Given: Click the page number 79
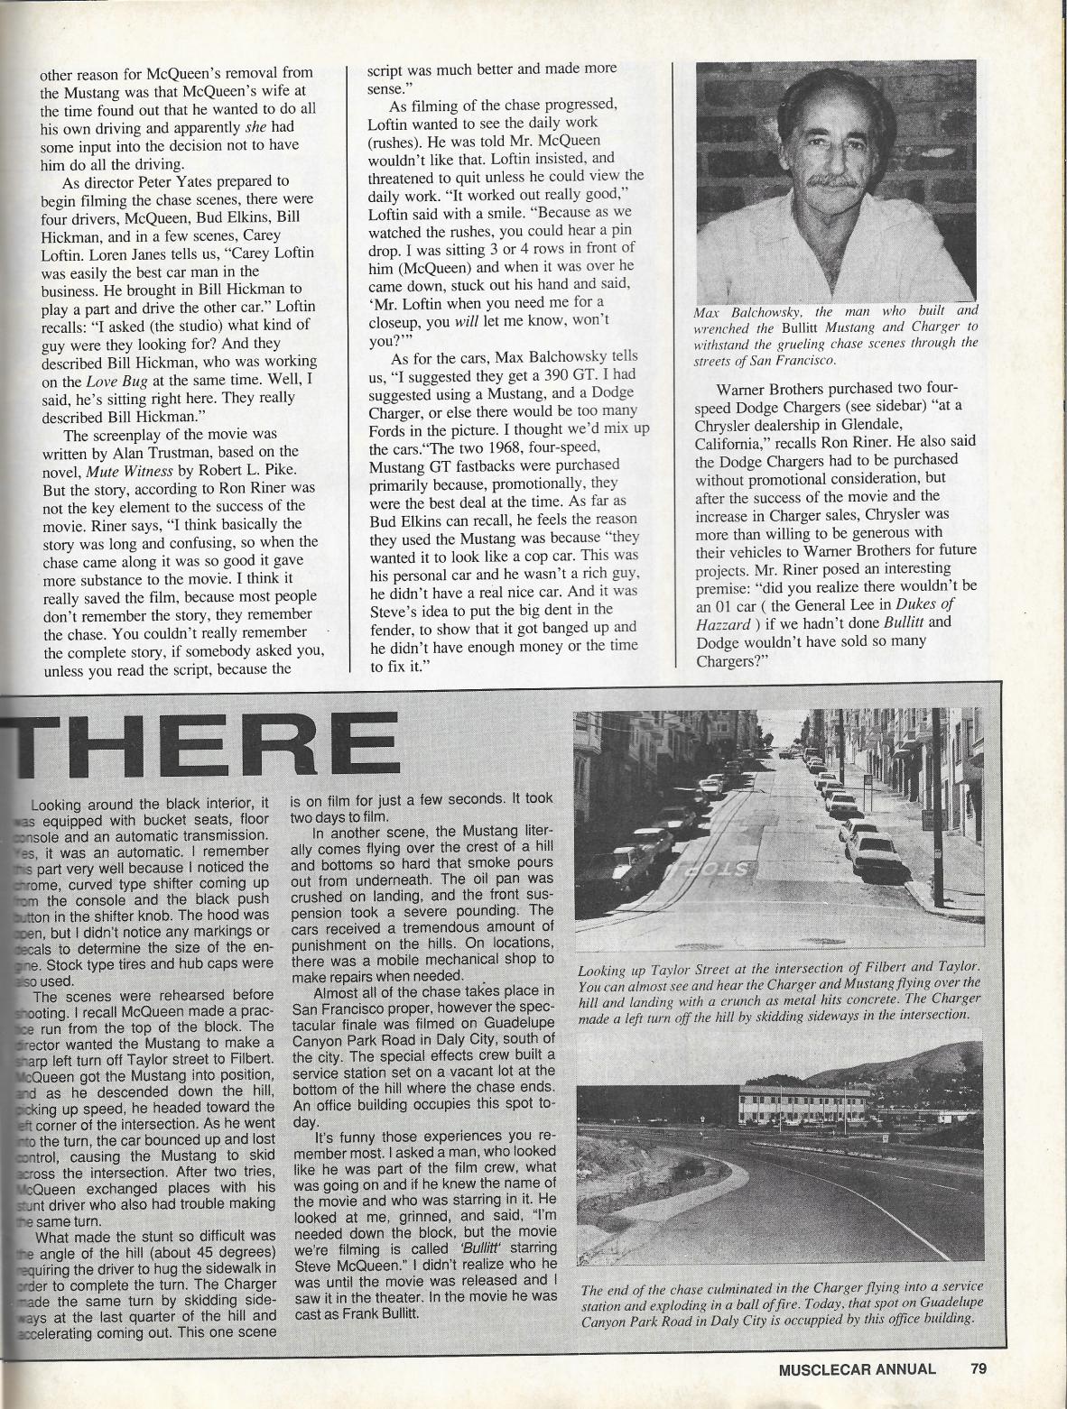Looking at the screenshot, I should [x=979, y=1368].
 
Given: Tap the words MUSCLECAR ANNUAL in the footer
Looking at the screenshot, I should [x=856, y=1368].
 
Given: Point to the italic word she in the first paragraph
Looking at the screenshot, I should [x=257, y=127].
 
